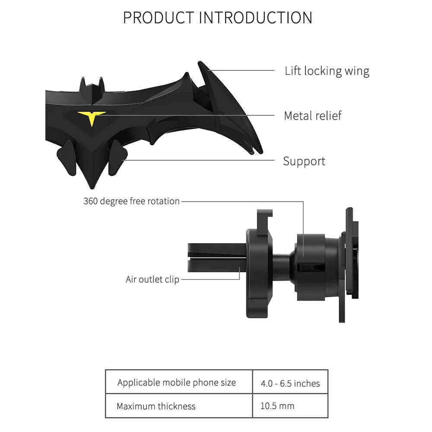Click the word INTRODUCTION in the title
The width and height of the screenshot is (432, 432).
click(x=255, y=18)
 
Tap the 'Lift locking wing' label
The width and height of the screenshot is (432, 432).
click(x=327, y=71)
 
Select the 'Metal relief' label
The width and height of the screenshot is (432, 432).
click(x=312, y=116)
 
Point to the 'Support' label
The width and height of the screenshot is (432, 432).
click(x=304, y=161)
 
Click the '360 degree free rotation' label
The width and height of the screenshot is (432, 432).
click(x=131, y=201)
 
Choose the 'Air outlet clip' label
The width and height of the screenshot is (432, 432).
click(x=152, y=280)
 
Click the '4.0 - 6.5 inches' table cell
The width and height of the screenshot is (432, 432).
click(x=290, y=384)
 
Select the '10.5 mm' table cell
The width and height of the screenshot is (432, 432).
click(x=277, y=406)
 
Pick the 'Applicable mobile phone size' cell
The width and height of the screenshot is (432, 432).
click(x=177, y=383)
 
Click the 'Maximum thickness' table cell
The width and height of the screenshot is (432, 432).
click(x=156, y=406)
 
